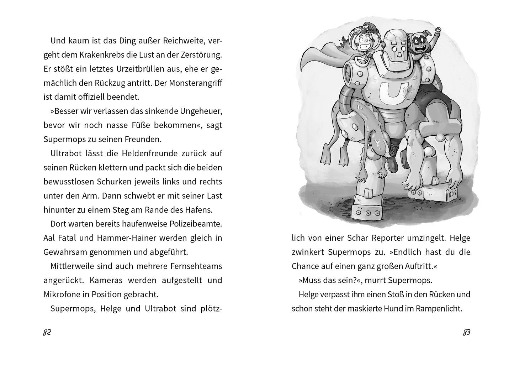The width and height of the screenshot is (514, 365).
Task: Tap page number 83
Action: point(467,333)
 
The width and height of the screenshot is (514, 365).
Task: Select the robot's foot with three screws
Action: point(368,213)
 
